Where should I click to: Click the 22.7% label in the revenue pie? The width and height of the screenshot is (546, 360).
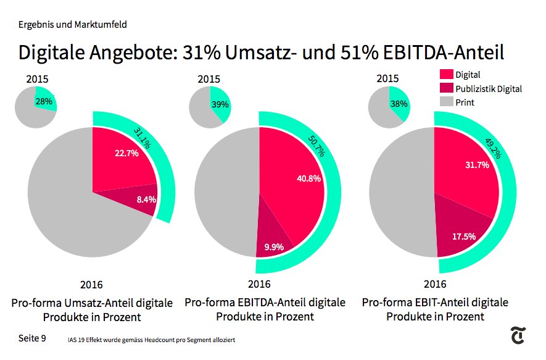126,154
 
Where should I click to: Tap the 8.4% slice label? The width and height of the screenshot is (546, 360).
146,199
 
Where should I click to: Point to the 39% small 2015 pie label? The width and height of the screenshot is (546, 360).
219,104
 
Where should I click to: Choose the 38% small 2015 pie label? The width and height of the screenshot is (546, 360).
399,104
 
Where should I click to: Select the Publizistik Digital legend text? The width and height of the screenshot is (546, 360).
488,89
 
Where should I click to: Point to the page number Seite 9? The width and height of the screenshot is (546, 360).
32,338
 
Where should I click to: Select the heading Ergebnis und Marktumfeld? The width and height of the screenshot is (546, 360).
73,25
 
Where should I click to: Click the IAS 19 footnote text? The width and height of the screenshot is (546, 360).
151,340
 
